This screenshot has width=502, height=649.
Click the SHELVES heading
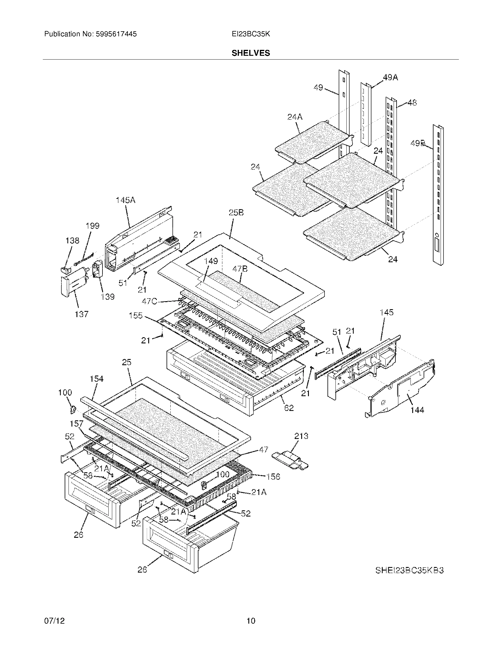click(x=251, y=53)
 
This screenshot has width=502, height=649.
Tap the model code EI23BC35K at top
click(x=251, y=34)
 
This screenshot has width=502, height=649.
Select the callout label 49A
click(x=390, y=78)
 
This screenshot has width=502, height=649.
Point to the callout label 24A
click(x=295, y=117)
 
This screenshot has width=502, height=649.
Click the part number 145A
click(x=125, y=200)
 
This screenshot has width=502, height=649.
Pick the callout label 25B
click(x=236, y=213)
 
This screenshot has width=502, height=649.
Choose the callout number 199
click(x=92, y=226)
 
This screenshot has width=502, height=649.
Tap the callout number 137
click(x=82, y=314)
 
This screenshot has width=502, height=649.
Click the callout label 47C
click(x=150, y=301)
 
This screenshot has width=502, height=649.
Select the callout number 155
click(x=136, y=316)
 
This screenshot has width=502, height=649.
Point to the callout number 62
click(x=289, y=408)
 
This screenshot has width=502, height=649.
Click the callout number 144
click(x=417, y=410)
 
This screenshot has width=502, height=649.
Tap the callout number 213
click(x=301, y=436)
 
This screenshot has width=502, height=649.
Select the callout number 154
click(x=97, y=379)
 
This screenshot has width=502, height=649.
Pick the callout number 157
click(x=76, y=423)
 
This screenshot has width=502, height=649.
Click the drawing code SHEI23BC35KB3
click(x=409, y=570)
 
